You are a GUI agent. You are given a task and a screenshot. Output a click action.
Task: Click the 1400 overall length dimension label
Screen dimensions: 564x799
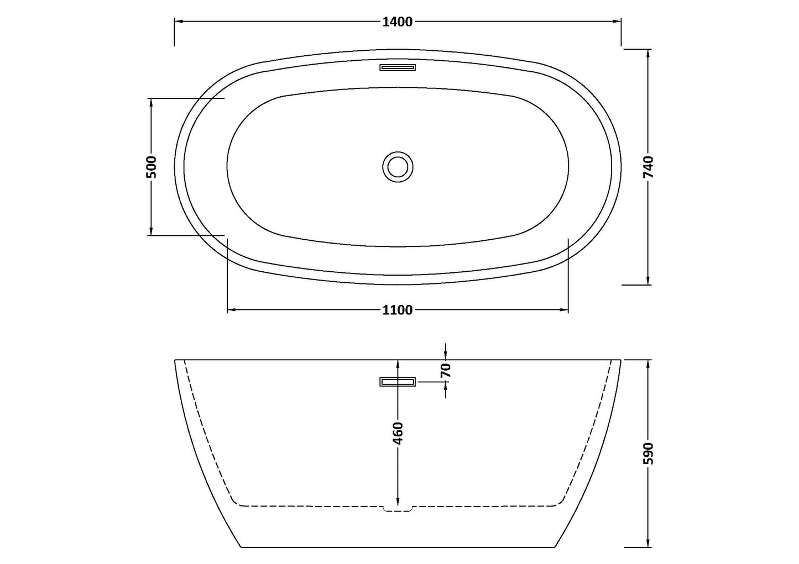(398, 22)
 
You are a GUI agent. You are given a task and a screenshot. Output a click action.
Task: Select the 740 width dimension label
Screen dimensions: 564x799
(648, 167)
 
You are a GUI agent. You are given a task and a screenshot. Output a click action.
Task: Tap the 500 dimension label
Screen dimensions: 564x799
(151, 167)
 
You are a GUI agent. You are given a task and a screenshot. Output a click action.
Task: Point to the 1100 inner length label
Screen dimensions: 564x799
(398, 310)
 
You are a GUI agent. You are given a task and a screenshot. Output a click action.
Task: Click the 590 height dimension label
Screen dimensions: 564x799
(648, 454)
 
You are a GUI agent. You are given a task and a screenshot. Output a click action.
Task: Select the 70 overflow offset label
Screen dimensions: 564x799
(446, 370)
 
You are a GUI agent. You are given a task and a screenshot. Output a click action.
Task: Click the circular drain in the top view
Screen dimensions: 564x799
(398, 166)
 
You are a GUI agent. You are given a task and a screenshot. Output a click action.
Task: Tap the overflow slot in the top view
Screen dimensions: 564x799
(398, 67)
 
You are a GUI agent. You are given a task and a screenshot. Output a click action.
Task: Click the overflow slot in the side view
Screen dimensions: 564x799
(398, 382)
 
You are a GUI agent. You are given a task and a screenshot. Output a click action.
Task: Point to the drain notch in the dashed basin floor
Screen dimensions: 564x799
(398, 508)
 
